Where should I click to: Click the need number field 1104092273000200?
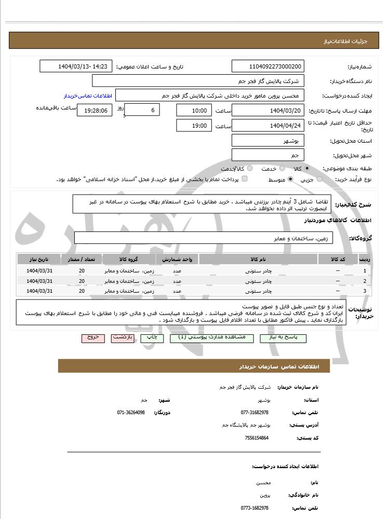[x=268, y=66]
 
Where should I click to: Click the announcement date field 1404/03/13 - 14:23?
[x=76, y=66]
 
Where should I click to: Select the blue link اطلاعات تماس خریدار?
[x=85, y=96]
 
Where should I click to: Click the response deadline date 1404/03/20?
[x=268, y=111]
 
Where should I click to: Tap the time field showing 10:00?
[x=194, y=111]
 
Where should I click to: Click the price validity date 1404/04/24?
[x=268, y=126]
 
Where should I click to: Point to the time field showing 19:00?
[x=194, y=126]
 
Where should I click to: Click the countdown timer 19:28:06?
[x=94, y=111]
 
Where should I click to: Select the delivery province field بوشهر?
[x=268, y=141]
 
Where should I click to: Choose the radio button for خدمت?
[x=282, y=169]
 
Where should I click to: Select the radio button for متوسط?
[x=290, y=179]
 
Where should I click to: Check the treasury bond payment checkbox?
[x=245, y=179]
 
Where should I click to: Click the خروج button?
[x=93, y=338]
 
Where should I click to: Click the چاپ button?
[x=152, y=338]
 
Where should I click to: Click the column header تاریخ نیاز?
[x=39, y=259]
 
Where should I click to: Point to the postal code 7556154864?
[x=257, y=438]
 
